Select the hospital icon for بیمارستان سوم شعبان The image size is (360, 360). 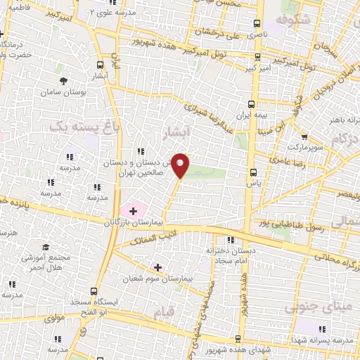point(157,267)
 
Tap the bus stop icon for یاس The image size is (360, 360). point(253,172)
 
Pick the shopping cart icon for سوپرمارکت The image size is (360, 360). point(304,138)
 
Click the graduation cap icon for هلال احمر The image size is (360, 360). point(46,247)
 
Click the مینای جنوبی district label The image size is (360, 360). point(314,307)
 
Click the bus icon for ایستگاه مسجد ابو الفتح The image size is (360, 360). point(94,291)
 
